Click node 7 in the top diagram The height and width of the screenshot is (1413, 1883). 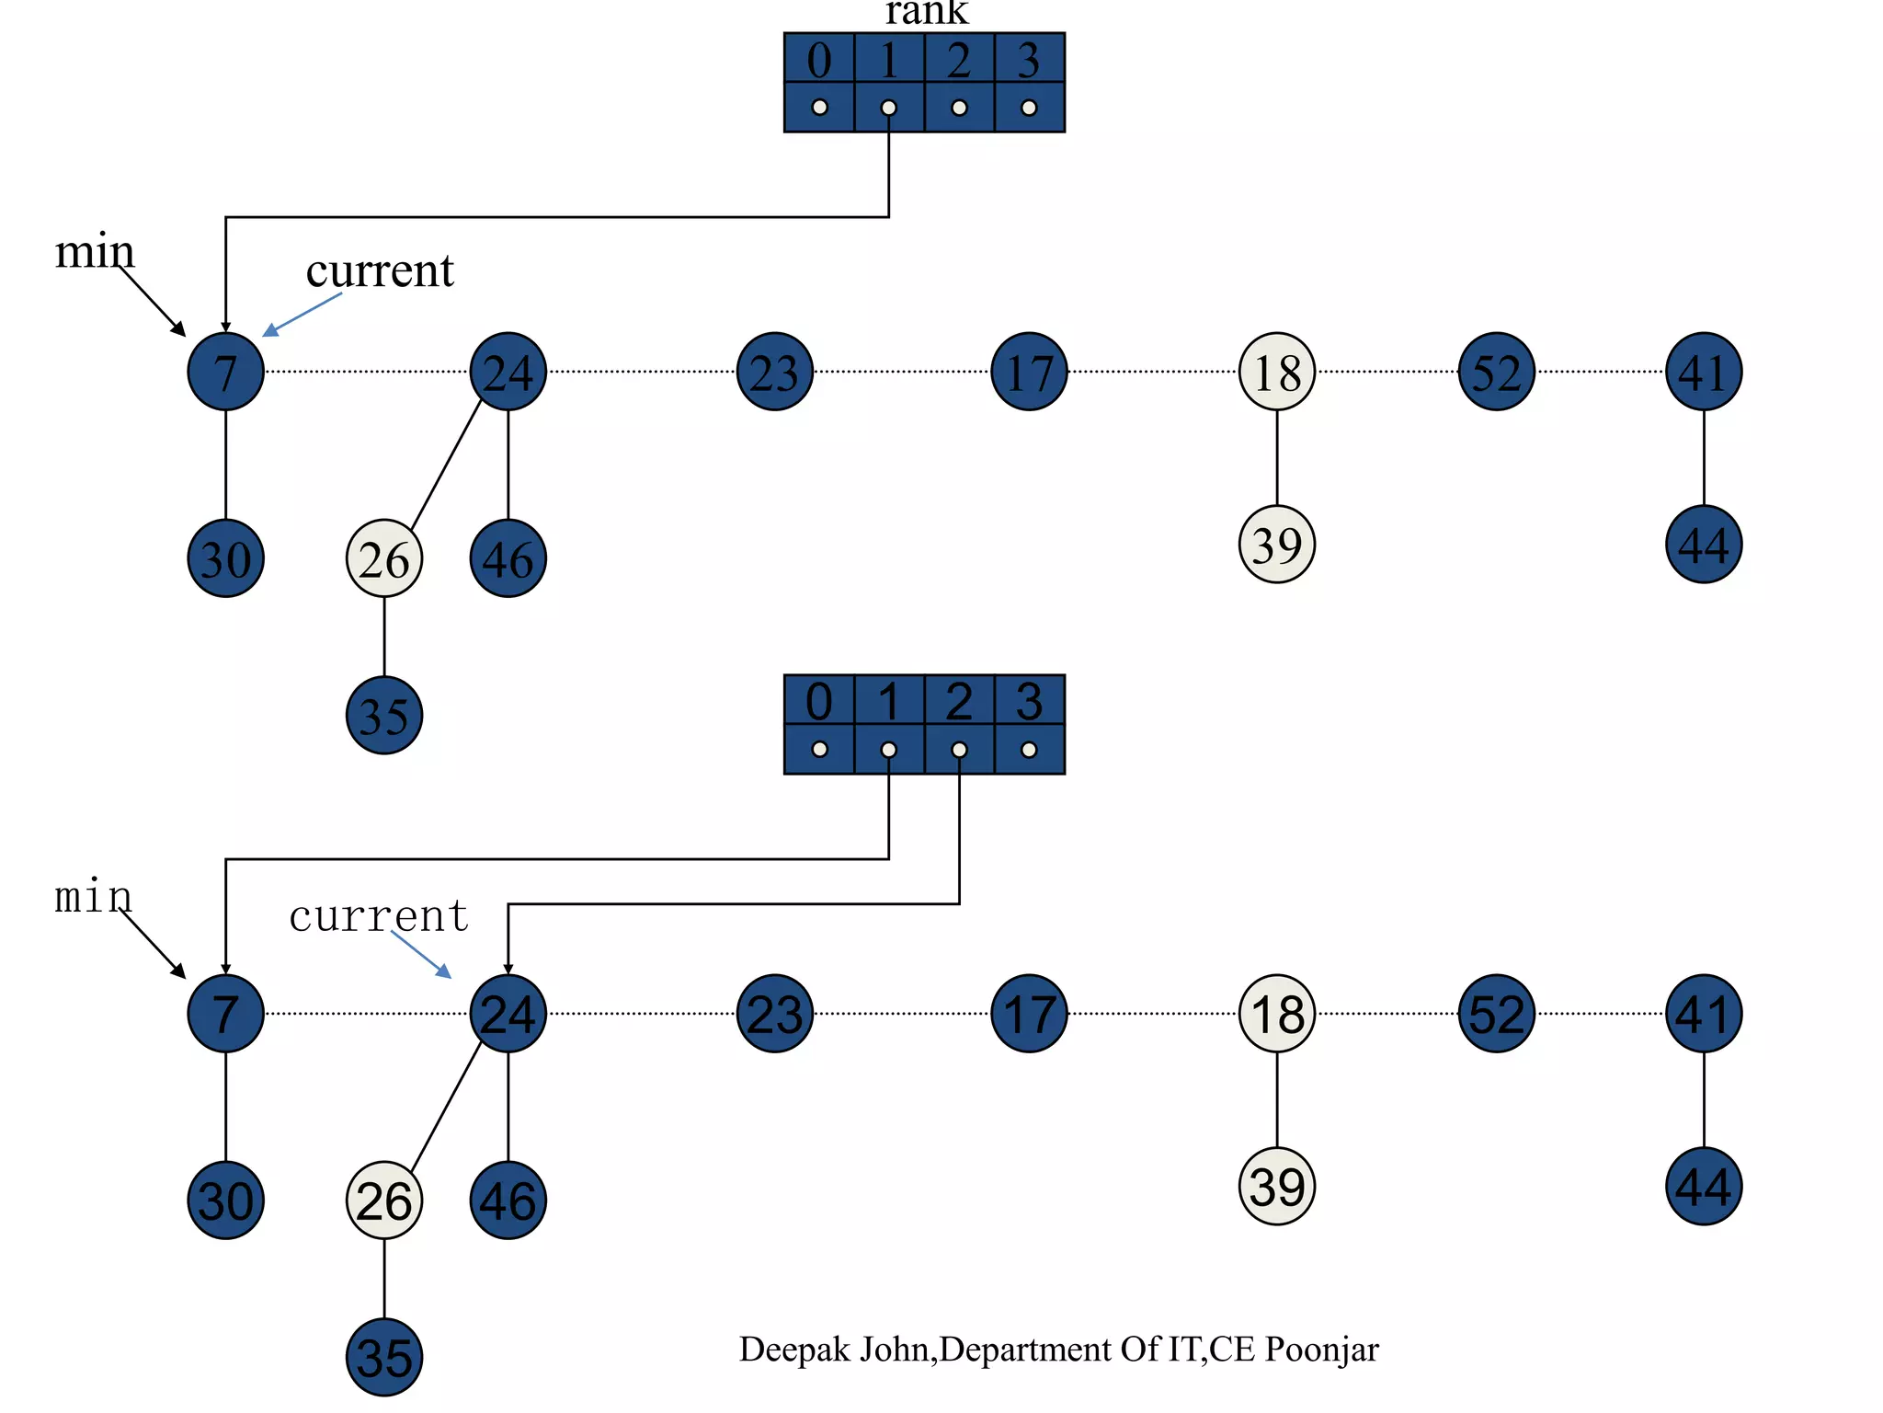pos(225,372)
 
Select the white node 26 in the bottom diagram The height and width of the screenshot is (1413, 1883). pos(384,1200)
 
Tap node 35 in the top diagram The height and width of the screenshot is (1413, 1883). pos(384,716)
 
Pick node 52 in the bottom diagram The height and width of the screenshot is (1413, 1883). pos(1496,1014)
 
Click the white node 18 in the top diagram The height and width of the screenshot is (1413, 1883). pos(1277,372)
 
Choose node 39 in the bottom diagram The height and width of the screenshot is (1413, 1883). pos(1277,1187)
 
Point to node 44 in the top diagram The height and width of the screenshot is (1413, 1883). pos(1704,545)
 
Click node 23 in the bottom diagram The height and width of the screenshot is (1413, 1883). pos(775,1014)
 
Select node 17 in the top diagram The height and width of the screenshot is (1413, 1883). pos(1029,372)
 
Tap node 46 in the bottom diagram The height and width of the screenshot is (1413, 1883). pos(508,1200)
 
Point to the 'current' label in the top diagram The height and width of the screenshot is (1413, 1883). pos(380,270)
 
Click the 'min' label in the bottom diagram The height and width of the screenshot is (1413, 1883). pos(93,896)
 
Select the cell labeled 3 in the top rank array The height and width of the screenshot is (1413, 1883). pos(1029,59)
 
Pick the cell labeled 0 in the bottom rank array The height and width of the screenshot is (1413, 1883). pos(819,701)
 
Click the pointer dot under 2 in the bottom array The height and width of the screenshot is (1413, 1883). pos(959,750)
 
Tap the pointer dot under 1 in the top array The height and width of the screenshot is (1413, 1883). pos(888,108)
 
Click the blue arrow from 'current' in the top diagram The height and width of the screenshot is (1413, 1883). pos(303,314)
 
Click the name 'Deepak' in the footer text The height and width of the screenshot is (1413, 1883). pos(797,1350)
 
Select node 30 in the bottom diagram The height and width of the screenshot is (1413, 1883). pos(225,1200)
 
